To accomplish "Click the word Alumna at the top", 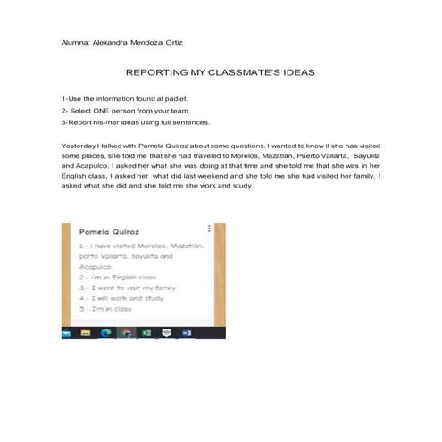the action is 75,42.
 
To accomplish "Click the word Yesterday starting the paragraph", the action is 79,144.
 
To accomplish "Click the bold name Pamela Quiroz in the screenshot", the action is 105,231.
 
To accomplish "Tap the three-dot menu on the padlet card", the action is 209,229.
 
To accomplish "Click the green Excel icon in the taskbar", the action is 146,334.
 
